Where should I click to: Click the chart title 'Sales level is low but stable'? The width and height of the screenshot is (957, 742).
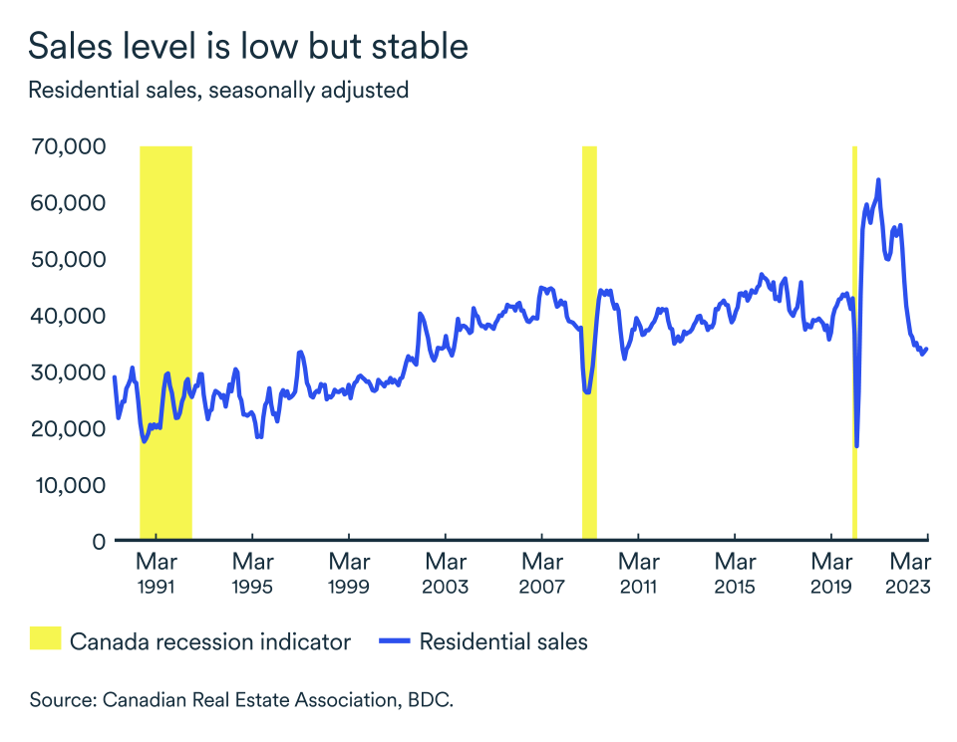[248, 46]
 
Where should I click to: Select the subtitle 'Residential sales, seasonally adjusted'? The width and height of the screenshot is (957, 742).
[218, 90]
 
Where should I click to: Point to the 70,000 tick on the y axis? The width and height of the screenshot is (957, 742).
[69, 146]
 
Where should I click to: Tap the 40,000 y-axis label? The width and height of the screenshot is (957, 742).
[69, 316]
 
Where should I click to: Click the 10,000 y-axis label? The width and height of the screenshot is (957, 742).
[69, 485]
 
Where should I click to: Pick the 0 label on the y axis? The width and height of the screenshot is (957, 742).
[98, 542]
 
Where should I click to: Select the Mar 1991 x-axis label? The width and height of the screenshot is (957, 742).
[158, 575]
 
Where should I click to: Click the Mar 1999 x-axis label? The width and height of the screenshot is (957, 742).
[349, 575]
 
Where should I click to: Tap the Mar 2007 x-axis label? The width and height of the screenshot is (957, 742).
[541, 575]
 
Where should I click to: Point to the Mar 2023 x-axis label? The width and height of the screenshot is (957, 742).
[909, 575]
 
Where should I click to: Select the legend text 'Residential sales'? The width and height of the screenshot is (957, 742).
[503, 641]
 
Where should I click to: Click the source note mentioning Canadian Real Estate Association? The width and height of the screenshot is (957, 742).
[241, 700]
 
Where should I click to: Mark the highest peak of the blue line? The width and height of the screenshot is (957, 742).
[878, 180]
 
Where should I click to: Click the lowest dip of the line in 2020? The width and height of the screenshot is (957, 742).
[856, 445]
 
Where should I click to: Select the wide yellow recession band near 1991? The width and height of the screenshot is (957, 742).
[165, 339]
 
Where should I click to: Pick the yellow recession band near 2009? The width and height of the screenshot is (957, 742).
[589, 339]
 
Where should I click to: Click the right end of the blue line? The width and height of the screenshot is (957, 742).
[927, 349]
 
